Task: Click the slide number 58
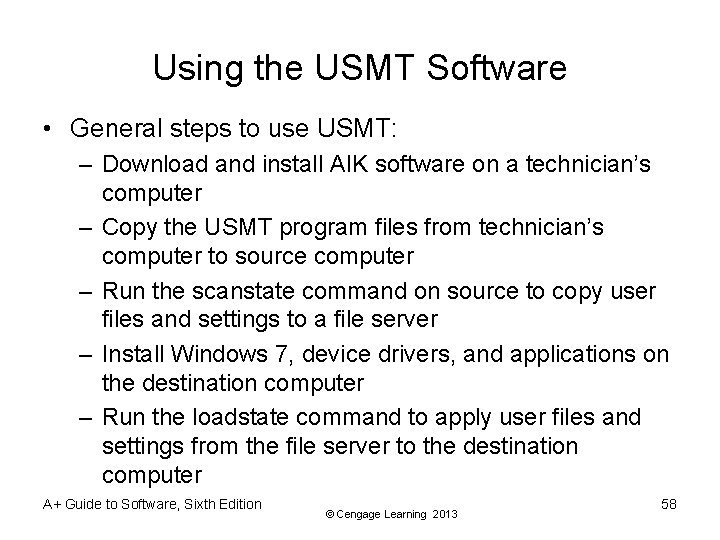[668, 504]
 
